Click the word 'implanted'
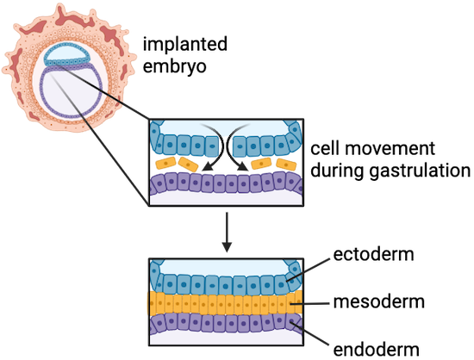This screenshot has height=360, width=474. click(185, 45)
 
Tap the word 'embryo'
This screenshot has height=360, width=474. click(174, 66)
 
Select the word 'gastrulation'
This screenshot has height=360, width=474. click(421, 171)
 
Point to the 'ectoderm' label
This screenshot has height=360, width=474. click(374, 255)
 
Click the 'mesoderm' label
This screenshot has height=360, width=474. click(379, 302)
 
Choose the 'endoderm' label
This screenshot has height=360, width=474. click(376, 350)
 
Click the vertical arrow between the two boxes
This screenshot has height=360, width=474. click(227, 232)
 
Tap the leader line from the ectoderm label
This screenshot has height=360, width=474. click(308, 270)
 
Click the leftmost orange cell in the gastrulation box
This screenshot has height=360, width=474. click(165, 164)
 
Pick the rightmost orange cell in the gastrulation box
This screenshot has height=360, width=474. click(286, 164)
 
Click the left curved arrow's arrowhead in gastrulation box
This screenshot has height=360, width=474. click(207, 166)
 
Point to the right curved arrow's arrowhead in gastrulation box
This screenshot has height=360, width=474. click(242, 166)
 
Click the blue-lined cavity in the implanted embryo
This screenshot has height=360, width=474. click(67, 53)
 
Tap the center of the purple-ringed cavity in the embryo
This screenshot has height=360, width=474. click(72, 91)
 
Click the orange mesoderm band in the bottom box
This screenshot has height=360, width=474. click(225, 303)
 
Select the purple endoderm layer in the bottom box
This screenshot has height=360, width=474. click(226, 323)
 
